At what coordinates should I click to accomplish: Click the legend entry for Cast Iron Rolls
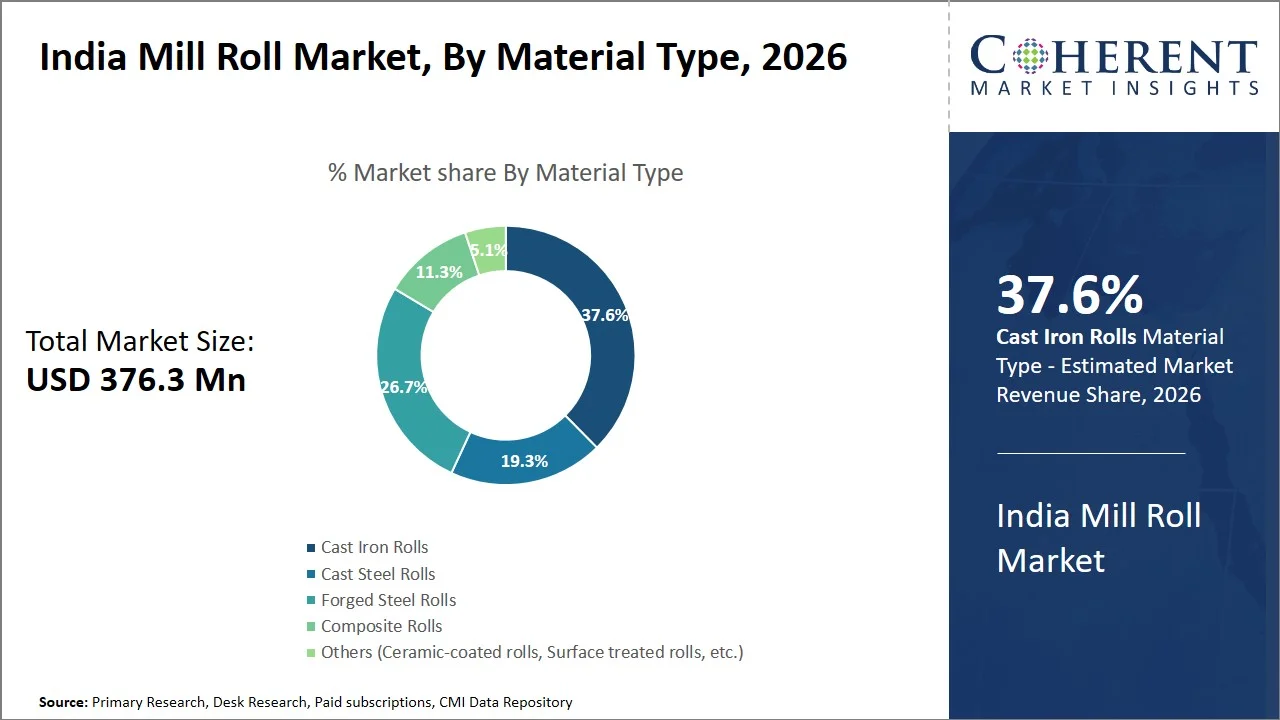[x=374, y=548]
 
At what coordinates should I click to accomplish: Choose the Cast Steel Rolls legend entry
[x=377, y=574]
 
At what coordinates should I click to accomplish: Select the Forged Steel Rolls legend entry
[x=388, y=600]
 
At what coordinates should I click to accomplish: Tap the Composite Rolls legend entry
[x=381, y=626]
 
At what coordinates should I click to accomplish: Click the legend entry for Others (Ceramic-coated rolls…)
[x=531, y=652]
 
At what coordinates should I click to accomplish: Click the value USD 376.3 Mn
[x=136, y=380]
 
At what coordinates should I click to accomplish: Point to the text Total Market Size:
[x=140, y=342]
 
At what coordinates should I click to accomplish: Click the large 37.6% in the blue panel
[x=1069, y=295]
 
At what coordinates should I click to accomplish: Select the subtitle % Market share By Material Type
[x=505, y=172]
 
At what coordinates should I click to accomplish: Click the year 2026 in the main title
[x=804, y=57]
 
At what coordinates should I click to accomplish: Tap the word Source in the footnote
[x=63, y=703]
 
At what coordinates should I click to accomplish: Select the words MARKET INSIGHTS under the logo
[x=1114, y=88]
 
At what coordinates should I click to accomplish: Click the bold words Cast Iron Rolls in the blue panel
[x=1066, y=337]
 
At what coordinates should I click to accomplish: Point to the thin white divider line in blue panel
[x=1091, y=453]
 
